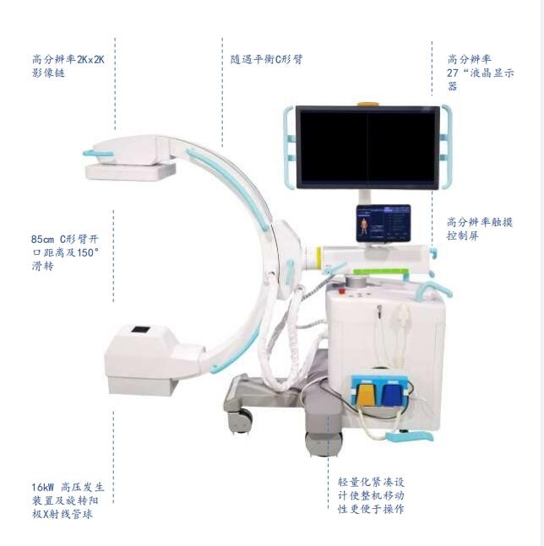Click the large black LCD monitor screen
(x=367, y=147)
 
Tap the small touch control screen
(x=383, y=224)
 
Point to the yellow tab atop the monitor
(x=367, y=105)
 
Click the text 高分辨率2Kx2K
(x=73, y=60)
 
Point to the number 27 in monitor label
(x=454, y=73)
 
